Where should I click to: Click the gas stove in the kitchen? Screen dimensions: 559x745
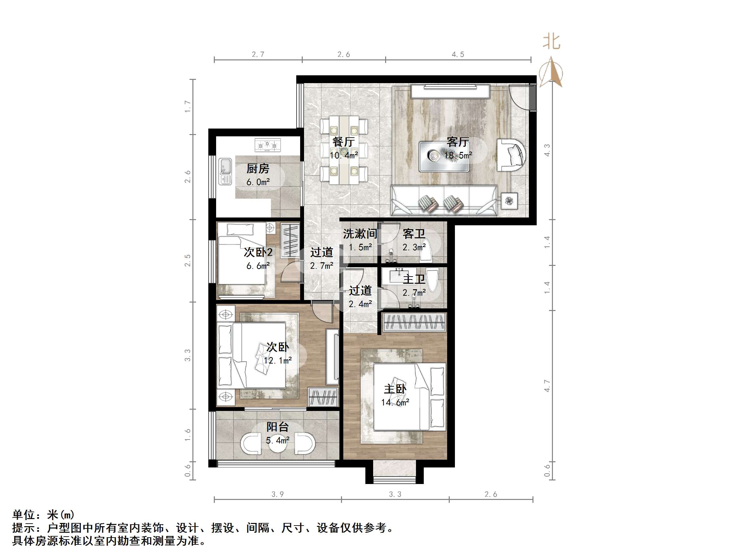click(x=268, y=145)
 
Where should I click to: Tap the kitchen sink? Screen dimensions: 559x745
click(x=225, y=171)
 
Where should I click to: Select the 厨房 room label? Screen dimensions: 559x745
click(x=258, y=168)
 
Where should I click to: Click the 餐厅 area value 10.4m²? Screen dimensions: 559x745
click(x=344, y=155)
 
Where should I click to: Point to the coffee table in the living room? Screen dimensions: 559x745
click(x=444, y=156)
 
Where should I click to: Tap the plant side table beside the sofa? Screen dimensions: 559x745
click(x=509, y=201)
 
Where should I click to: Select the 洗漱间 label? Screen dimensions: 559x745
click(x=360, y=233)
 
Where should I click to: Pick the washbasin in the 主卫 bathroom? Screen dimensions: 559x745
click(x=399, y=276)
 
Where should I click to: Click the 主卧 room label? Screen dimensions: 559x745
click(x=395, y=389)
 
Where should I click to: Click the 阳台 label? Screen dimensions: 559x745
click(x=277, y=427)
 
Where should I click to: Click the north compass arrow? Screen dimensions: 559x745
click(x=551, y=72)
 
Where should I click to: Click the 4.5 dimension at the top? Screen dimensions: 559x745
click(x=458, y=55)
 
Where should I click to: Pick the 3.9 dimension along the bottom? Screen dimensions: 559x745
click(x=277, y=494)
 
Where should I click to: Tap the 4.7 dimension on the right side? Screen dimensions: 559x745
click(x=547, y=386)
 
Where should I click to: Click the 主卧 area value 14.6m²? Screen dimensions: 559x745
click(x=395, y=402)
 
